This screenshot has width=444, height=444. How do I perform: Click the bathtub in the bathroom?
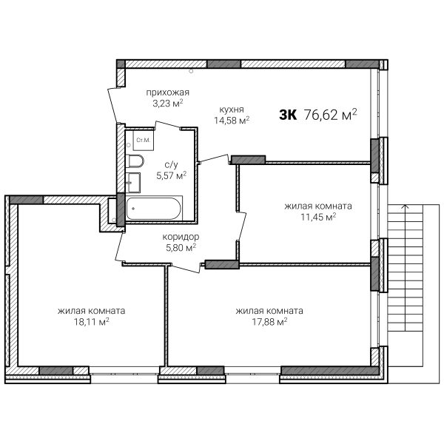tap(153, 209)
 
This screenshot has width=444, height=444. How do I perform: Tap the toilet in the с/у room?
tap(135, 161)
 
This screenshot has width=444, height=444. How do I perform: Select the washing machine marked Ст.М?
tap(144, 140)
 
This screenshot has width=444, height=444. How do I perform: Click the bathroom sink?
tap(133, 183)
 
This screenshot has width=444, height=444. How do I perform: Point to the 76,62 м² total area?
tap(330, 115)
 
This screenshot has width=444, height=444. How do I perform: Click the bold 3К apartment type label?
tap(288, 115)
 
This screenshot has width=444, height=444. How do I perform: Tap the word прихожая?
tap(168, 92)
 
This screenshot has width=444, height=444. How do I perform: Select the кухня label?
tap(232, 110)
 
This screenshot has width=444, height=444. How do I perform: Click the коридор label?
tap(181, 237)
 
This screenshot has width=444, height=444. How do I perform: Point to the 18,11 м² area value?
tap(92, 322)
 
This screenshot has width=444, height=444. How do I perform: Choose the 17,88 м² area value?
tap(269, 322)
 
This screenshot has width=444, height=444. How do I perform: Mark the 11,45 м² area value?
tap(318, 217)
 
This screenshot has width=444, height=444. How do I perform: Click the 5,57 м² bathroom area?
tap(172, 175)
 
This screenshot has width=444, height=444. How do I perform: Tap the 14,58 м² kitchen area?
tap(232, 121)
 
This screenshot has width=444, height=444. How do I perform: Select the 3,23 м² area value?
tap(168, 104)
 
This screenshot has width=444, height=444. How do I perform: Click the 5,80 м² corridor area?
tap(181, 248)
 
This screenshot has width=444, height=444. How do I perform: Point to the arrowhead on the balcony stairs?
tap(406, 206)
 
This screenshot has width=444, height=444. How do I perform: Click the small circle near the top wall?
tap(191, 71)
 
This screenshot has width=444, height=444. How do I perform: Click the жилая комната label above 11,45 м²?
tap(318, 206)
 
